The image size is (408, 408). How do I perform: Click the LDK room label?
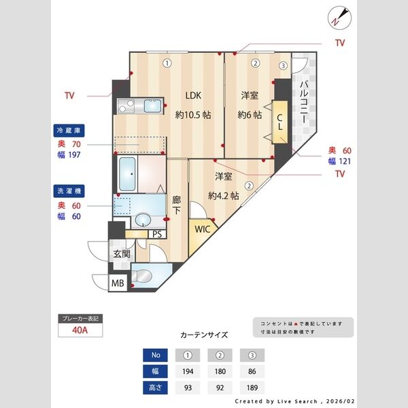(193, 95)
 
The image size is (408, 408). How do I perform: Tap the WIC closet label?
(203, 229)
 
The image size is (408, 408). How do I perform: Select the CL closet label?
(279, 122)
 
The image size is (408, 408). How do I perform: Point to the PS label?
(157, 234)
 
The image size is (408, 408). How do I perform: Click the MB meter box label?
(118, 282)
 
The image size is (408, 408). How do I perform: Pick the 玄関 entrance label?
(121, 255)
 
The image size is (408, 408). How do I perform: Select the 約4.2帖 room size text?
(224, 195)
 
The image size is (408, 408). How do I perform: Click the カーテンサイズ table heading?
(204, 335)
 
